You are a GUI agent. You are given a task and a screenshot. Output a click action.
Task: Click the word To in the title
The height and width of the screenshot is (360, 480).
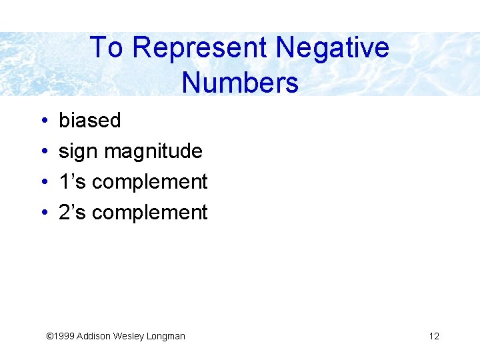pos(106,48)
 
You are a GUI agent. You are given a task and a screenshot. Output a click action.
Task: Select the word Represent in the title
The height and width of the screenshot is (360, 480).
pos(199,48)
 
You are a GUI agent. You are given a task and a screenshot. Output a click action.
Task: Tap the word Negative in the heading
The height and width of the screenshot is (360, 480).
pos(332,48)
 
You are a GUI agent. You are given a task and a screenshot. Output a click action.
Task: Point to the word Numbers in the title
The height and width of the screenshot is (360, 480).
pos(239,83)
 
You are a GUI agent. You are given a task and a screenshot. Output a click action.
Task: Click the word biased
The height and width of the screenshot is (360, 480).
pos(90,121)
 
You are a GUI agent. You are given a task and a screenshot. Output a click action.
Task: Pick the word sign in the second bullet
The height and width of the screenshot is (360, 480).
pos(78,152)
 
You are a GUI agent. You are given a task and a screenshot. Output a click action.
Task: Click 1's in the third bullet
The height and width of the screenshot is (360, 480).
pos(72,181)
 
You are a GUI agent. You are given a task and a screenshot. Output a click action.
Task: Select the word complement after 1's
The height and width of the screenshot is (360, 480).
pos(150,183)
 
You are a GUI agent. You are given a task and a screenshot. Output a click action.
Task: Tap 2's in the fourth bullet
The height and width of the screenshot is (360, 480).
pos(72,212)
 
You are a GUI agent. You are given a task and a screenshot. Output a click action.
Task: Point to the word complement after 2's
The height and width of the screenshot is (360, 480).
pos(150,213)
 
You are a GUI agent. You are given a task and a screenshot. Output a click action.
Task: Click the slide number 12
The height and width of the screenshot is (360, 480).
pos(434,336)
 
